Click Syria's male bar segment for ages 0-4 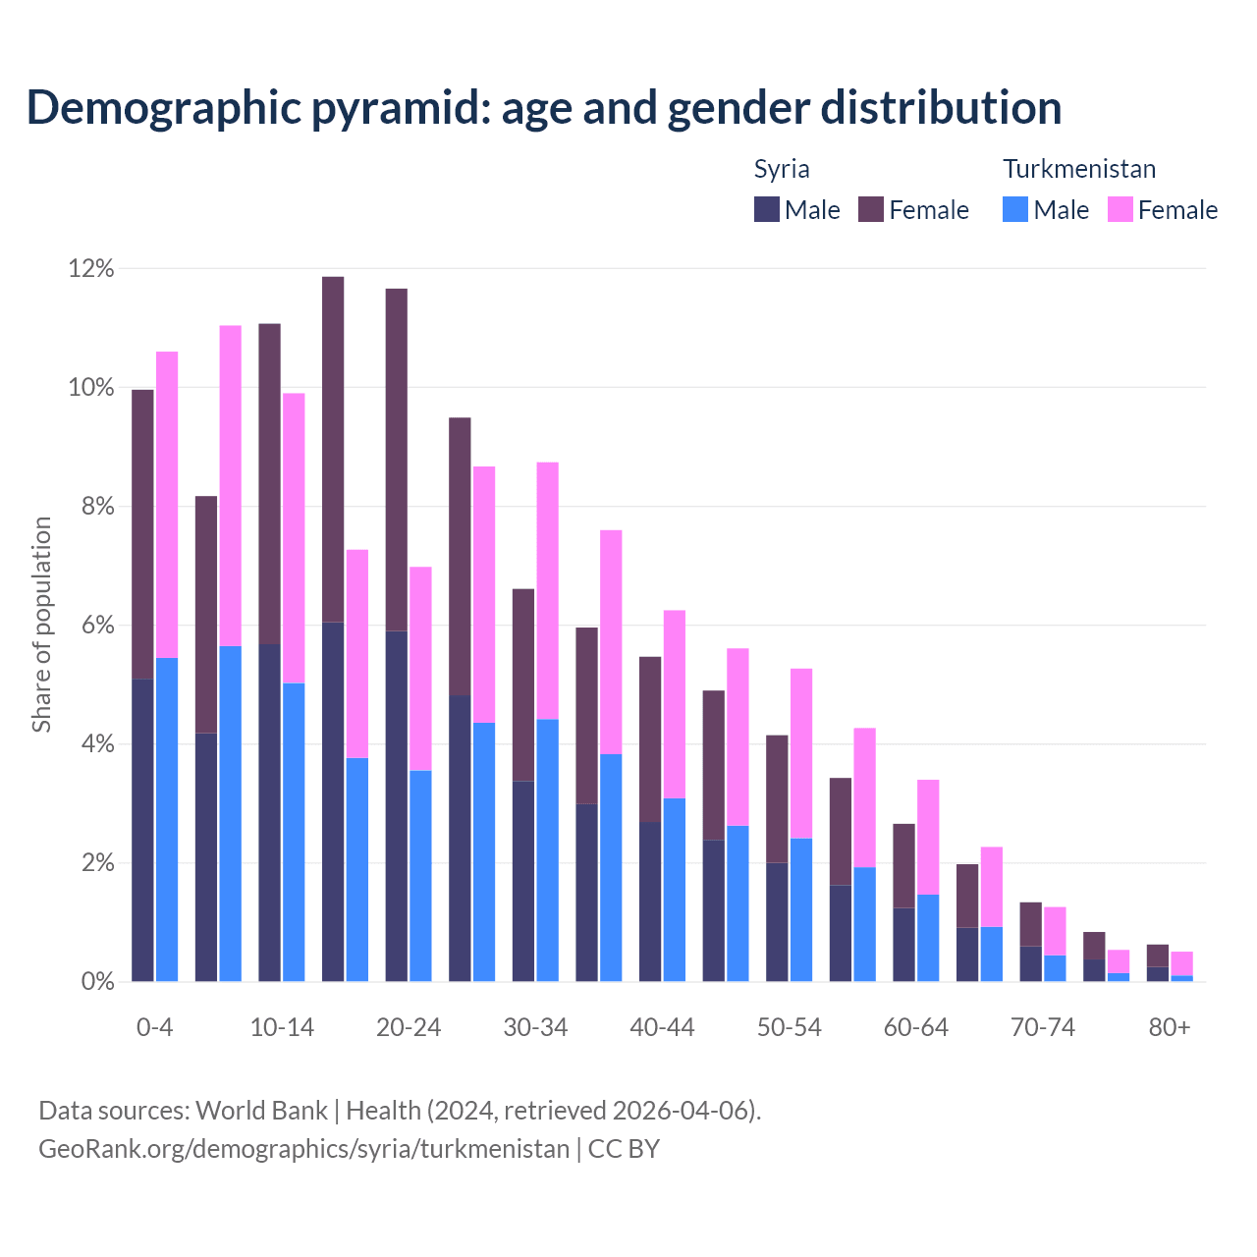click(x=142, y=830)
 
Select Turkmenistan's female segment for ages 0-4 click(x=167, y=504)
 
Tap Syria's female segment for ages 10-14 click(x=269, y=483)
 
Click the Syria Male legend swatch click(x=766, y=209)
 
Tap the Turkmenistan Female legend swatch click(x=1120, y=209)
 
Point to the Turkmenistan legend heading click(x=1078, y=169)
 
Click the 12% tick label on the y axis click(x=91, y=268)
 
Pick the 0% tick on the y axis click(x=96, y=981)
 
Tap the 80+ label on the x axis click(x=1170, y=1027)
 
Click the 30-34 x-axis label click(x=535, y=1027)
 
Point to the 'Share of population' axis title click(x=41, y=625)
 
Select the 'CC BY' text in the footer click(x=624, y=1148)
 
